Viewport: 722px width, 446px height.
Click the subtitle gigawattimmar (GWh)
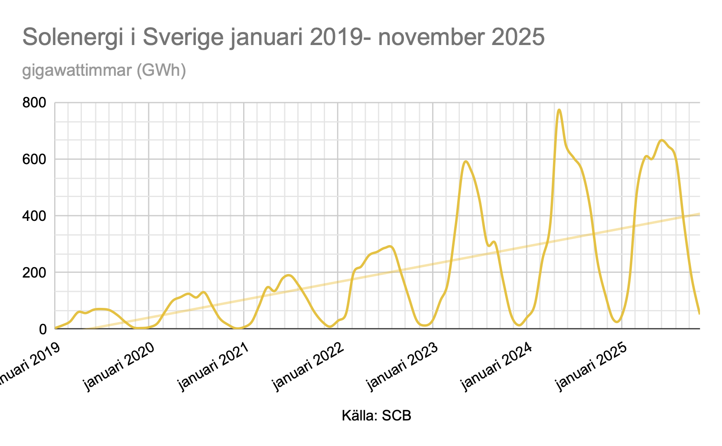click(x=104, y=70)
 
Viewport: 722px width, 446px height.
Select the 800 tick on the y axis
click(x=37, y=103)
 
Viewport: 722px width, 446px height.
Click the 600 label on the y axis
click(x=37, y=159)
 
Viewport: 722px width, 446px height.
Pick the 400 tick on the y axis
click(x=37, y=216)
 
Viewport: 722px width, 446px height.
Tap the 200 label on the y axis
click(x=37, y=272)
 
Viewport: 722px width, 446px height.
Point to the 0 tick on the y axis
click(x=43, y=329)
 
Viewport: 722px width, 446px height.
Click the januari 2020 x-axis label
click(x=120, y=365)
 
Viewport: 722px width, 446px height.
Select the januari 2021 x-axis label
click(x=214, y=365)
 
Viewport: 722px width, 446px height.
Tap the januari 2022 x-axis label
click(x=309, y=365)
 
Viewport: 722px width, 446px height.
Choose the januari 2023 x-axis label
click(x=403, y=365)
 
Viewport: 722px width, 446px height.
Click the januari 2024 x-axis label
click(x=498, y=365)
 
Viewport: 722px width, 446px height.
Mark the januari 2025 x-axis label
click(x=592, y=365)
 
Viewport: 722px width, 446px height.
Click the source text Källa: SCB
click(x=376, y=416)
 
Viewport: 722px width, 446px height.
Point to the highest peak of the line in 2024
click(x=559, y=110)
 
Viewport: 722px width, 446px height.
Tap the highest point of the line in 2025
click(x=661, y=140)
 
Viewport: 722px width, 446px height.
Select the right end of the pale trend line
click(x=699, y=214)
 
